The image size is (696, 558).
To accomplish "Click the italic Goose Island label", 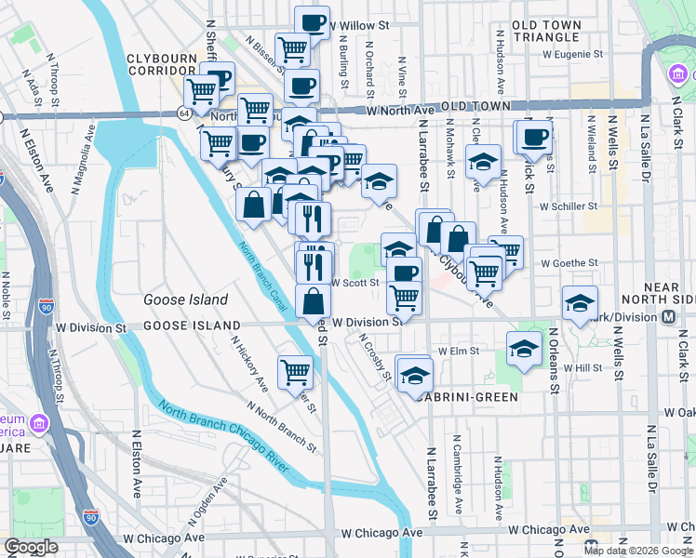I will coord(185,299).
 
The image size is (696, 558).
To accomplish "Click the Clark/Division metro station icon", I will coord(669,317).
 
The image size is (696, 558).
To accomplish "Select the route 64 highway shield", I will coord(183,113).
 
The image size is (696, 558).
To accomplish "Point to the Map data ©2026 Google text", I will coord(638,551).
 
